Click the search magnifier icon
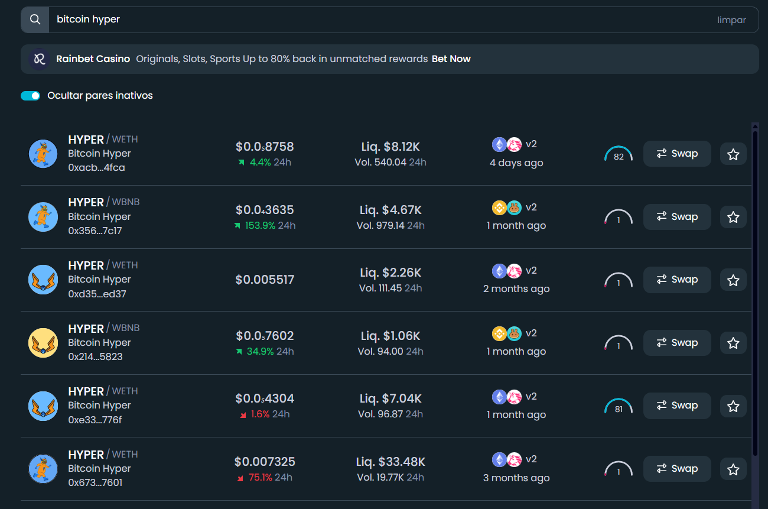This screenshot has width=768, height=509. pos(35,20)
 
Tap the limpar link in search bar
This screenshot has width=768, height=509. pos(731,20)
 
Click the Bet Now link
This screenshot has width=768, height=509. pos(451,59)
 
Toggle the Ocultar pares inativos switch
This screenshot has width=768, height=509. pos(30,96)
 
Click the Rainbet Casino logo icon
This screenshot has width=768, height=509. pos(40,59)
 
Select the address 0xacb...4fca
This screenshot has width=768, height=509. pos(96,167)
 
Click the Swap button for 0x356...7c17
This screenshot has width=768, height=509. pos(676,217)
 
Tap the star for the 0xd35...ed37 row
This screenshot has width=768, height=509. pos(733,280)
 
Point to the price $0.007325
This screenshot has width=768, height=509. pos(265,462)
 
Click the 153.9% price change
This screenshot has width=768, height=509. pos(260,225)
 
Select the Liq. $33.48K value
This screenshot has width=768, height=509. pos(390,462)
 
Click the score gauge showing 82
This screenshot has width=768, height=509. pos(619,155)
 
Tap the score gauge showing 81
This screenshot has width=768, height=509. pos(619,407)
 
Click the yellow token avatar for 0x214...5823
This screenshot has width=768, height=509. pos(43,343)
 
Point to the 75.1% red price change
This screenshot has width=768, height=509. pos(260,477)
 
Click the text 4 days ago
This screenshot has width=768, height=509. pos(516,163)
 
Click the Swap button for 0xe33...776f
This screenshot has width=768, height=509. pos(676,406)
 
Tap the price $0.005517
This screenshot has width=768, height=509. pos(265,280)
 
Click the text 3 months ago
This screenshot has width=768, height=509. pos(516,478)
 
